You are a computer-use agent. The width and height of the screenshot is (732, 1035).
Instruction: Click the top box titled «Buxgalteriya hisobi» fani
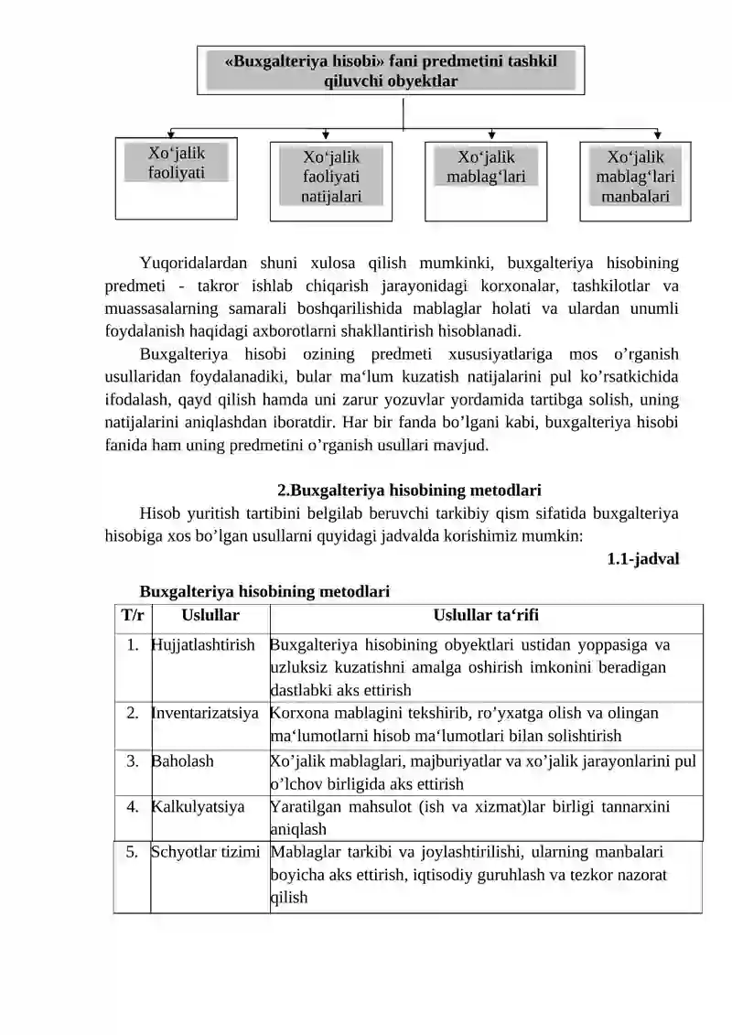[391, 70]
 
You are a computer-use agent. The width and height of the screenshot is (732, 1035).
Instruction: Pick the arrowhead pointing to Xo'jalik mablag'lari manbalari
[658, 135]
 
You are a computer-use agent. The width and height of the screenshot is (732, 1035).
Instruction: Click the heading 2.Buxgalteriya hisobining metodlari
[415, 491]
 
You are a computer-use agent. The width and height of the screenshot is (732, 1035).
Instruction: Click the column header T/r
[133, 617]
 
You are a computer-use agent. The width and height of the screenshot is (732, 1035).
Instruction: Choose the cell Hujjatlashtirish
[203, 645]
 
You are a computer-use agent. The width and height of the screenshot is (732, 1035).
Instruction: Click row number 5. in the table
[133, 852]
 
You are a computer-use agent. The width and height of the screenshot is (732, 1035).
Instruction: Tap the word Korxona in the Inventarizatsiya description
[297, 713]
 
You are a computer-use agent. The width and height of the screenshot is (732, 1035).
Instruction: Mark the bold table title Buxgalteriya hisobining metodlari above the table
[264, 592]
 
